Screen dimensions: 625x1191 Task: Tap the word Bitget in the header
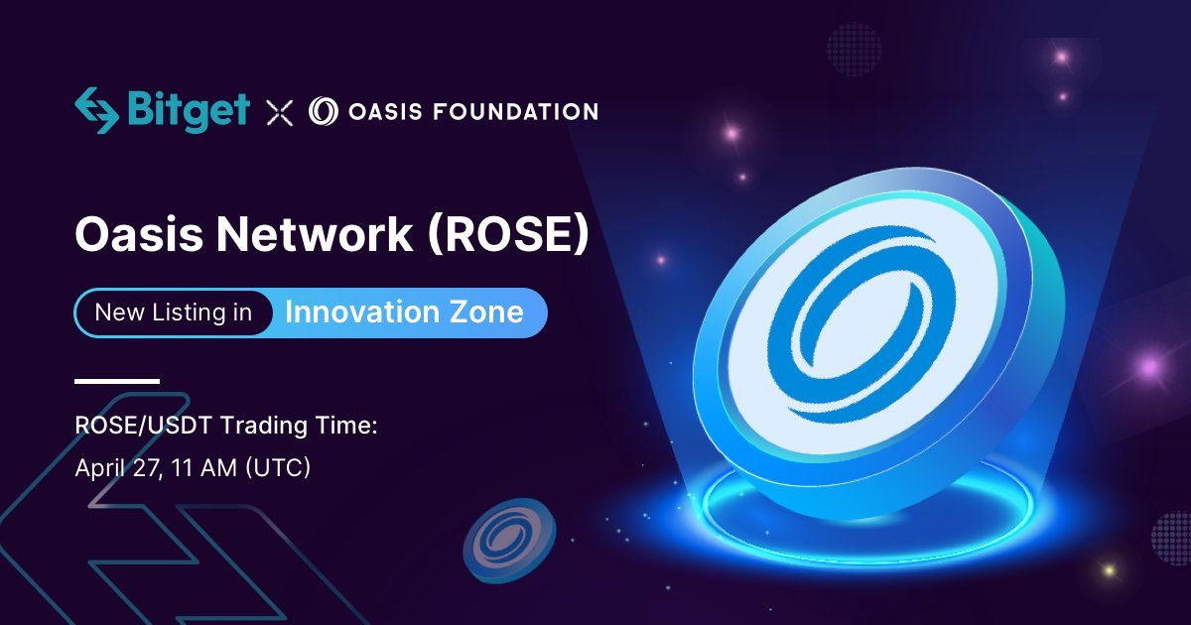(189, 110)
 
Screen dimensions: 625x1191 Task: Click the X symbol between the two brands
(280, 112)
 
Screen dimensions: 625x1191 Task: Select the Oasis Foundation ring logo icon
(324, 111)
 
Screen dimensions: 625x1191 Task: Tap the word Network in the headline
(312, 235)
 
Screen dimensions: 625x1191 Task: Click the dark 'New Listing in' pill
(174, 313)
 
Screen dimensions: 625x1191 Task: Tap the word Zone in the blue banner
(486, 312)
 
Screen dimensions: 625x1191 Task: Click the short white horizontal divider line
(117, 381)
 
